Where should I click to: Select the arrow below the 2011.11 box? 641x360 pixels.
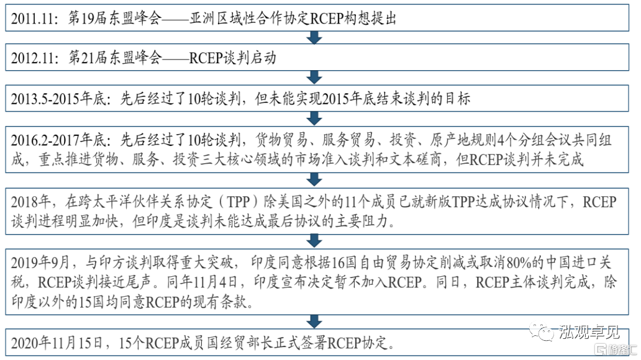click(314, 38)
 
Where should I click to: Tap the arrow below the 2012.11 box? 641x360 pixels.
click(314, 77)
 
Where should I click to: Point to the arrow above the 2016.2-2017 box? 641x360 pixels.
click(314, 119)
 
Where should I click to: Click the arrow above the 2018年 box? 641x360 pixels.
click(314, 180)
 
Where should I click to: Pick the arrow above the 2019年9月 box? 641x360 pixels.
click(314, 241)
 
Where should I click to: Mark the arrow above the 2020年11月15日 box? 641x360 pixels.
click(314, 321)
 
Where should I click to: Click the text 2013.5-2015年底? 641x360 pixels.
click(58, 99)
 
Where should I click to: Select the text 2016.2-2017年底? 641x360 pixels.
click(58, 140)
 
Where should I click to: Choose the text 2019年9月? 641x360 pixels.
click(40, 263)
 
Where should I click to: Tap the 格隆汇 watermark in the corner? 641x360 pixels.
click(616, 350)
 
